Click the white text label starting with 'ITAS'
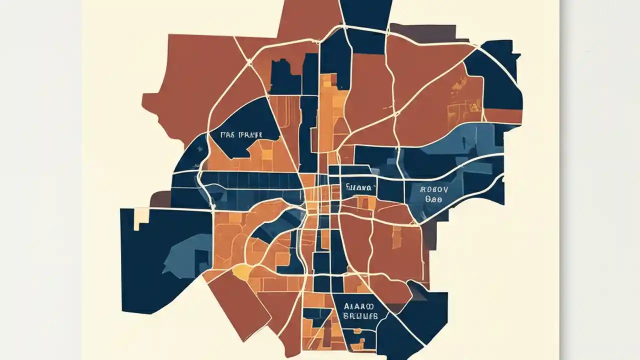[x=242, y=135]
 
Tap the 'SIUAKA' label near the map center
[x=358, y=188]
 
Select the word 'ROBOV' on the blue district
[x=434, y=189]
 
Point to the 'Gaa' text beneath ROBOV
[x=433, y=198]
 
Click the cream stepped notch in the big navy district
[x=141, y=218]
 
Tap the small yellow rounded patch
[x=241, y=271]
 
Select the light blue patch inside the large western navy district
[x=185, y=252]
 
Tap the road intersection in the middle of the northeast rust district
[x=395, y=114]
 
